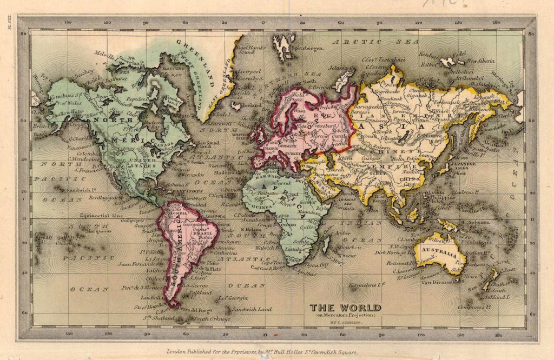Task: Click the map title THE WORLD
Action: coord(345,308)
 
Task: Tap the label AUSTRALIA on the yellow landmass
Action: coord(438,251)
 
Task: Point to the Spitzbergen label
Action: coord(308,48)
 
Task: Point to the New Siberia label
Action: coord(480,61)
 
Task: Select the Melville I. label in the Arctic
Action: coord(106,54)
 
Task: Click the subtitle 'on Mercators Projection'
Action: coord(345,316)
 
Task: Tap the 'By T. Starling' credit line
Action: coord(345,323)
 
